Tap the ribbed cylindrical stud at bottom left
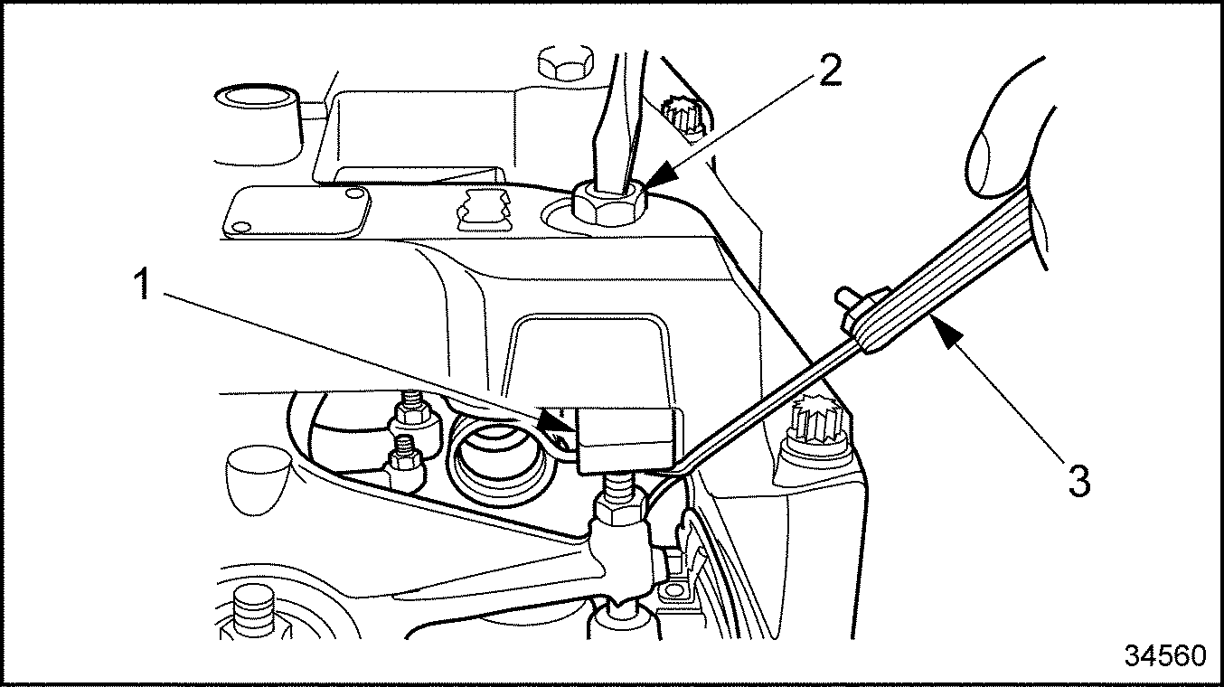[252, 611]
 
